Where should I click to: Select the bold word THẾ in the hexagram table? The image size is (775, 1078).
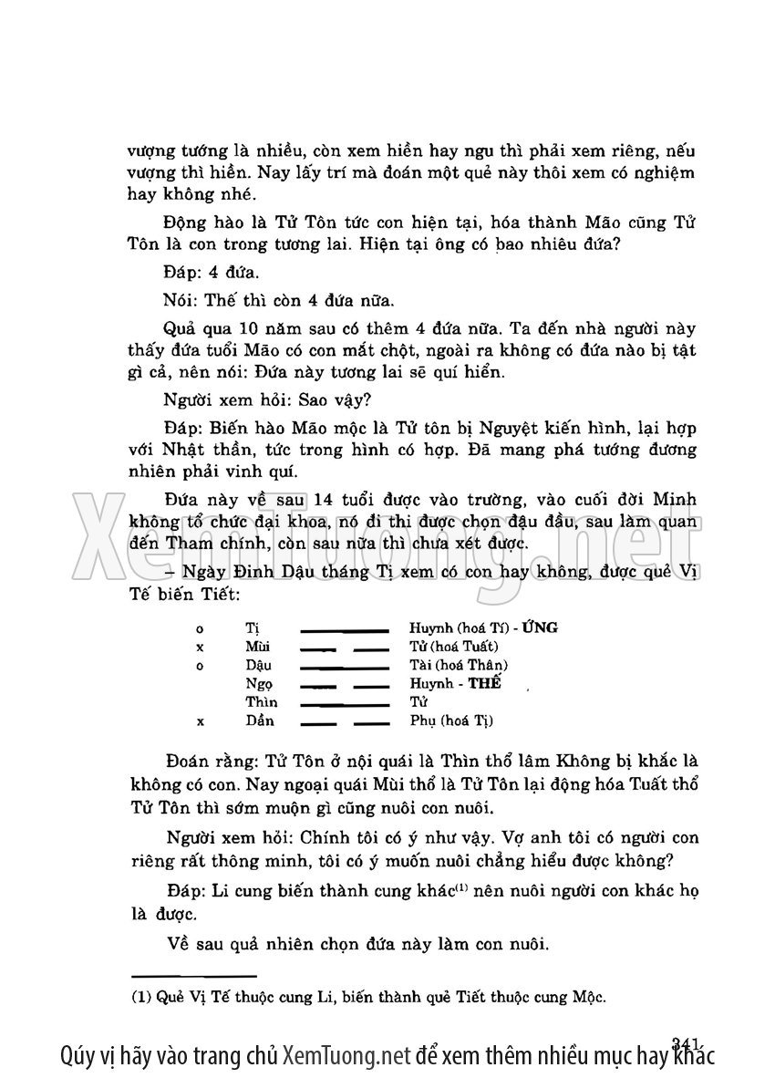(x=483, y=683)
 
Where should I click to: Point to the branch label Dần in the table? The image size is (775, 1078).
(x=259, y=720)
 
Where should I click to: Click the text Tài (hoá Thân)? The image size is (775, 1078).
(x=459, y=665)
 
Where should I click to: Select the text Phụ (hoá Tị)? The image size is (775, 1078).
(x=451, y=720)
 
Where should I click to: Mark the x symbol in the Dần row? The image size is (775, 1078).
(x=199, y=720)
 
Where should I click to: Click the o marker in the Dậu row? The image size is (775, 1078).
(x=199, y=665)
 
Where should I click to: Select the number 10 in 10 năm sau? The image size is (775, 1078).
(x=238, y=327)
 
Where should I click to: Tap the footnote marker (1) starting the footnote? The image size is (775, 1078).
(x=140, y=997)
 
